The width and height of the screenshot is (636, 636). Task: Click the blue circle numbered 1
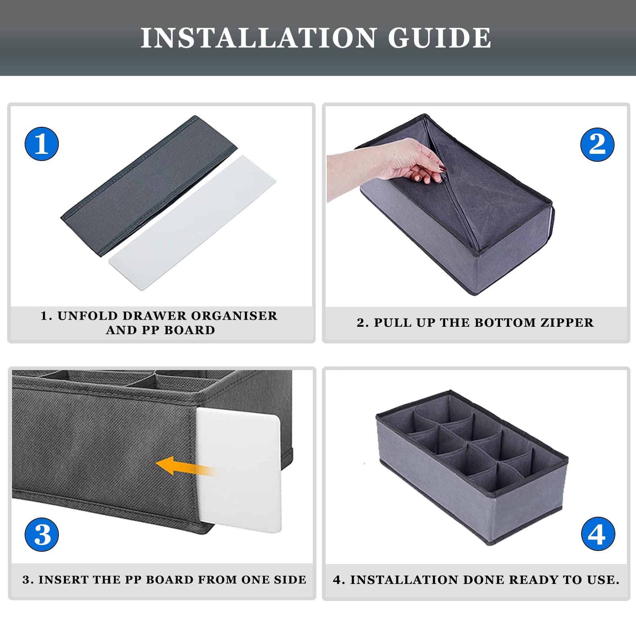click(x=42, y=144)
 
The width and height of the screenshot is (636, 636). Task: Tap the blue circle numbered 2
click(x=597, y=144)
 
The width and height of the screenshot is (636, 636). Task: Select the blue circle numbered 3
click(x=42, y=534)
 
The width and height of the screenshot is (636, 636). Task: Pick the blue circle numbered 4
click(x=598, y=533)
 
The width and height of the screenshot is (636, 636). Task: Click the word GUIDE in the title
click(x=439, y=38)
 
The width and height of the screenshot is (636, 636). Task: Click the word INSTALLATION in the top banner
click(x=258, y=38)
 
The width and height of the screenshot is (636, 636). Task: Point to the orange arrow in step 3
click(x=185, y=466)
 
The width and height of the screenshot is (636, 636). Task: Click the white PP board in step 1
click(x=192, y=223)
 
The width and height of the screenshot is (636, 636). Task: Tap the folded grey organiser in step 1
click(x=149, y=186)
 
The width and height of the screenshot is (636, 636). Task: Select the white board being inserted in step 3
click(x=239, y=469)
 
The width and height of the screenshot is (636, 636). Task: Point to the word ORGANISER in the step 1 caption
click(x=234, y=316)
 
